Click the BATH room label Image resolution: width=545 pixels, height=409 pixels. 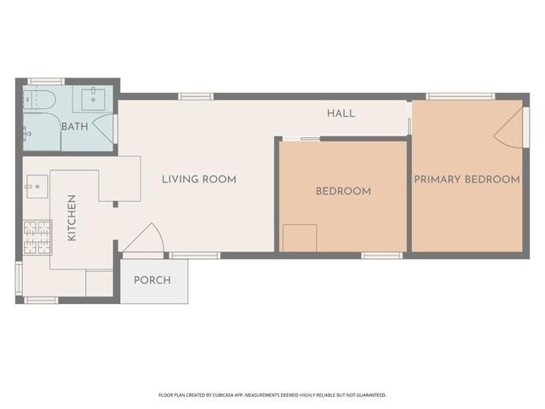coord(75,127)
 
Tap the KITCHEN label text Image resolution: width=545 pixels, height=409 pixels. coord(72,217)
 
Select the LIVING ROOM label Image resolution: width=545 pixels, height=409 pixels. coord(199,179)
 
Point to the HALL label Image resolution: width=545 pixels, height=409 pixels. coord(341,113)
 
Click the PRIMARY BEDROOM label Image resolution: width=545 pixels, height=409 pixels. coord(467,179)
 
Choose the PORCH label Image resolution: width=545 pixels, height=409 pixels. coord(152,279)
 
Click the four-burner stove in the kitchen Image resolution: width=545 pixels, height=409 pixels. coord(36,237)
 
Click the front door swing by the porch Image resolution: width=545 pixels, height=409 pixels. coord(143,239)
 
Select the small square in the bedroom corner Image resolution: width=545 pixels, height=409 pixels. coord(300,238)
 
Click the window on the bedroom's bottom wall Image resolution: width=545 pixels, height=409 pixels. coord(381,255)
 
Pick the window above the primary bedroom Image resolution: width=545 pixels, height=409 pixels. coord(461,96)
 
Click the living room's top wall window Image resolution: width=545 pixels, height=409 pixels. coord(196,96)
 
